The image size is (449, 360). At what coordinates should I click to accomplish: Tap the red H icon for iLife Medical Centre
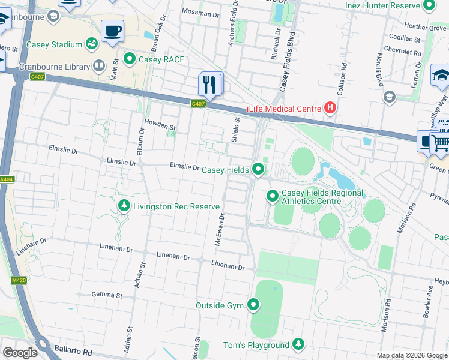330,108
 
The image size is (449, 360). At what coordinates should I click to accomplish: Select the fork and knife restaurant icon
210,83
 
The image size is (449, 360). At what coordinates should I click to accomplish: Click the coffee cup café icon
112,31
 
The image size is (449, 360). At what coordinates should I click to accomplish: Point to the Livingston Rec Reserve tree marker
124,206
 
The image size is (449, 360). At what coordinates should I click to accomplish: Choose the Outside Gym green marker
253,305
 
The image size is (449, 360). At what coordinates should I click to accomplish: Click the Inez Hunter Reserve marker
429,6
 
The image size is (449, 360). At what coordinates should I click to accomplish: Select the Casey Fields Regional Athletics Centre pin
272,196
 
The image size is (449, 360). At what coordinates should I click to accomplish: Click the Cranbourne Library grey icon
99,66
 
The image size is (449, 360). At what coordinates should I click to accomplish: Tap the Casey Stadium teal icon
92,44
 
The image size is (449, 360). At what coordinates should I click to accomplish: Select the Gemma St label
107,295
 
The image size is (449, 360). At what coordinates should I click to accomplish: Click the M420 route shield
19,280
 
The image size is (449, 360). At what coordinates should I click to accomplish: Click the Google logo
20,352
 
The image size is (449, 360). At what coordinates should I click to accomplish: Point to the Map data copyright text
411,355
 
